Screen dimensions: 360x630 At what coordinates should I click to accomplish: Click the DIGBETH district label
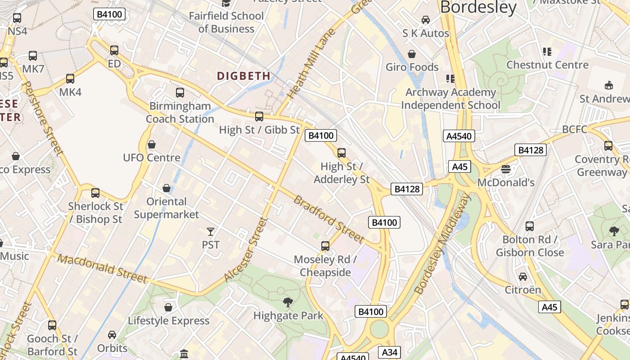pos(244,76)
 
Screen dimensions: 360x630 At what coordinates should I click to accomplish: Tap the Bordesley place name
pos(478,7)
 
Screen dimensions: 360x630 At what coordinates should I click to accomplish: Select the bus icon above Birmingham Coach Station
pos(180,93)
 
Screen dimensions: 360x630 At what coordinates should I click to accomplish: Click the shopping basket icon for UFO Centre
pos(152,145)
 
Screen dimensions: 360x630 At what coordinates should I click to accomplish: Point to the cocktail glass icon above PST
pos(211,232)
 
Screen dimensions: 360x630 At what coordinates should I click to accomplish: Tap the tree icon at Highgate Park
pos(288,302)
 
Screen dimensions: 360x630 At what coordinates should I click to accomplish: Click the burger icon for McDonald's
pos(506,169)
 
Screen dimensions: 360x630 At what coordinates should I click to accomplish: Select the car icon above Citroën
pos(523,277)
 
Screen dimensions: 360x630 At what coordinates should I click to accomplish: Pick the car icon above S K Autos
pos(425,20)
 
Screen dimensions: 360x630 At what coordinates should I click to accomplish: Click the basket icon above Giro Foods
pos(412,54)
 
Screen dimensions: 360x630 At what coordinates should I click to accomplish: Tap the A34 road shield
pos(389,352)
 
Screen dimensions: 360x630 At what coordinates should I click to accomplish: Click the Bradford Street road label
pos(328,219)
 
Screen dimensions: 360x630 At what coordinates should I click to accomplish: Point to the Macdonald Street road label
pos(103,269)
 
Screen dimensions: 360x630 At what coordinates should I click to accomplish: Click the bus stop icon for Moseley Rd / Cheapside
pos(325,246)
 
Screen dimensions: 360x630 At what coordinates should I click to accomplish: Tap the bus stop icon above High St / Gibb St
pos(259,117)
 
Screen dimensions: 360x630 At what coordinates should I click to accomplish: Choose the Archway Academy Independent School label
pos(450,99)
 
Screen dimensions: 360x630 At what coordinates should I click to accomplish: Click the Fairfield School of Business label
pos(226,22)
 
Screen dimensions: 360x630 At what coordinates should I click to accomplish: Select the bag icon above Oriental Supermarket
pos(166,188)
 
